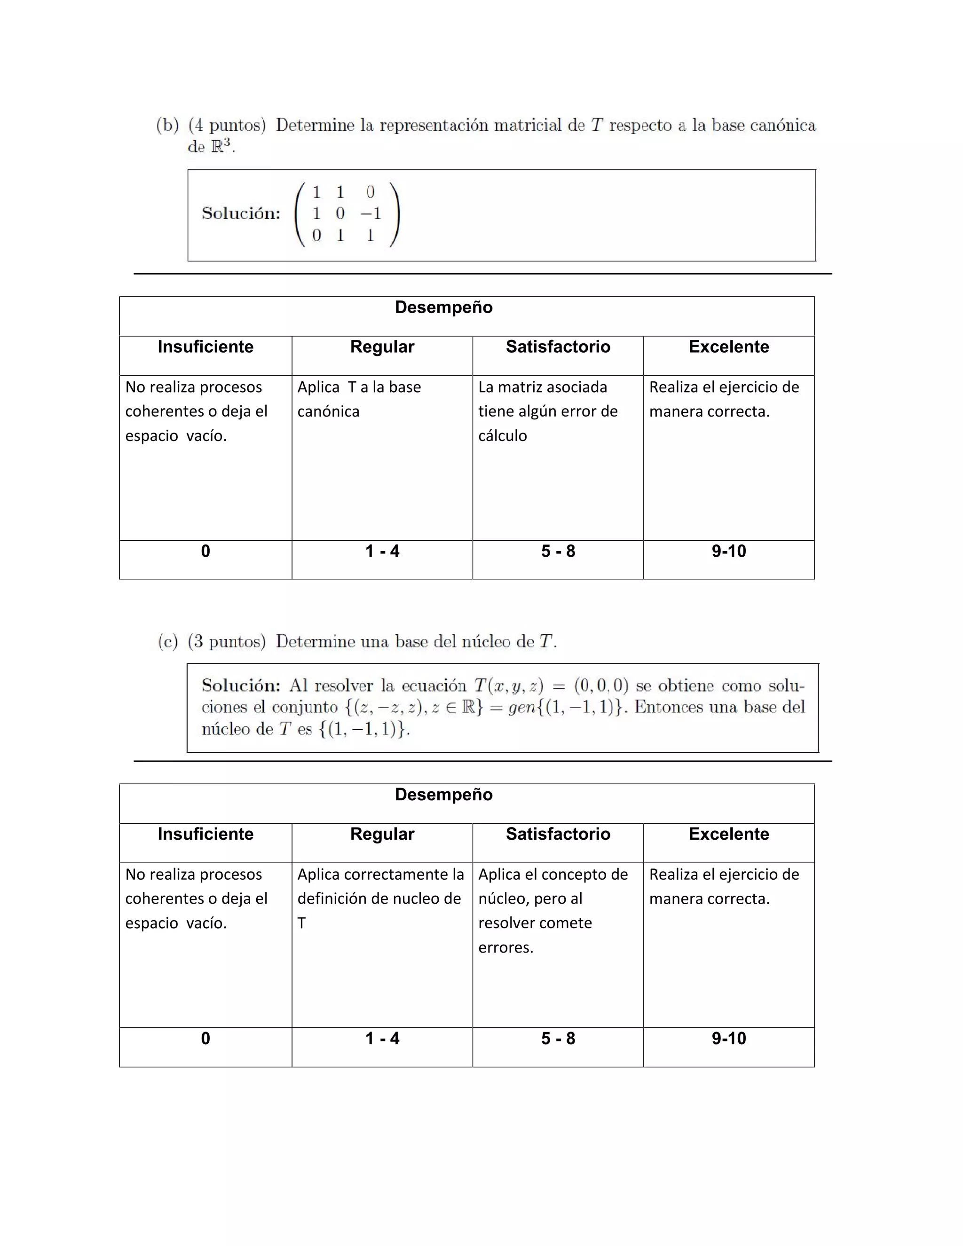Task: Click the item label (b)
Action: coord(167,125)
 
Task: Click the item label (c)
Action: coord(168,642)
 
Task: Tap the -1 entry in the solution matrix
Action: coord(370,214)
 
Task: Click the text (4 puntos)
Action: coord(227,125)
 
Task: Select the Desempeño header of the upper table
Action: coord(443,308)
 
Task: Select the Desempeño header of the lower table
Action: coord(443,795)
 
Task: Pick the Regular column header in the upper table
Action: coord(382,347)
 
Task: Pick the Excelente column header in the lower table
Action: coord(728,834)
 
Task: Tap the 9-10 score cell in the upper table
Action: coord(728,551)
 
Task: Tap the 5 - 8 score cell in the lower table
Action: coord(558,1038)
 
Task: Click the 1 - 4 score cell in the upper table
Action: coord(382,551)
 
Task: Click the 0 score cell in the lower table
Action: coord(205,1038)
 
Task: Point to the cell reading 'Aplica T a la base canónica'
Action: coord(359,399)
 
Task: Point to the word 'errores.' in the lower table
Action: coord(505,947)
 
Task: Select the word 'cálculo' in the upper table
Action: coord(502,436)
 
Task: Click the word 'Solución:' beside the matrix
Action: coord(241,214)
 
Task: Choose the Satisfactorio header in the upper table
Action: coord(558,347)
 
